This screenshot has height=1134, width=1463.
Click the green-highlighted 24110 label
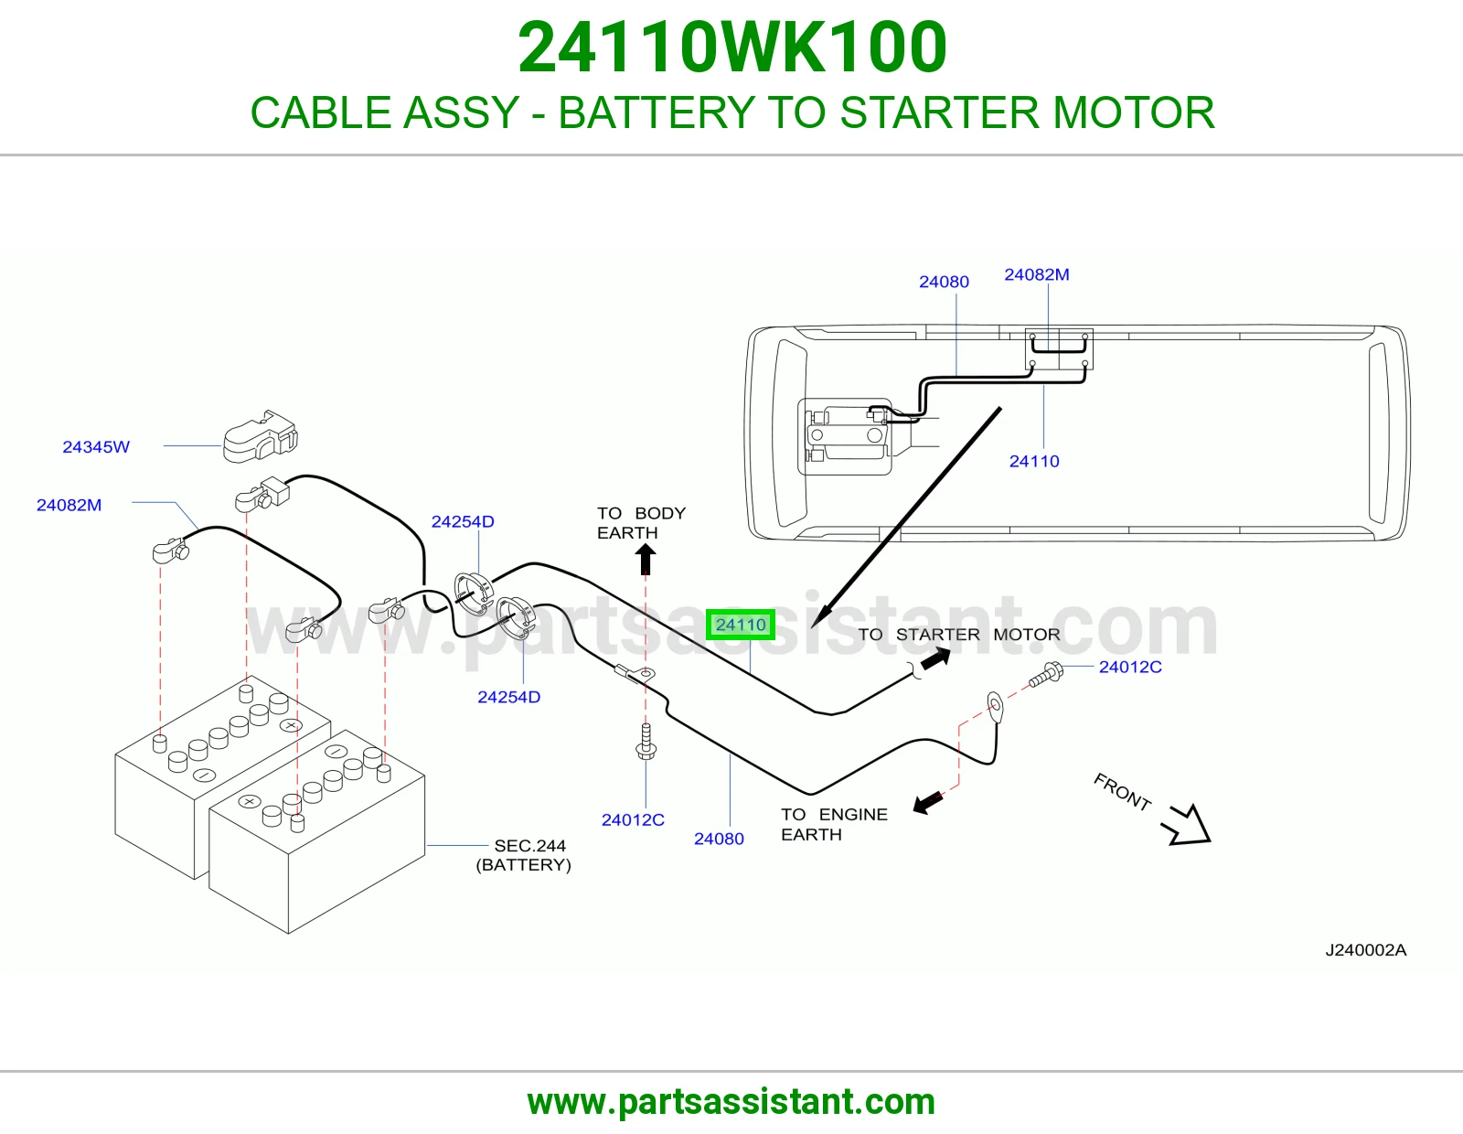click(740, 625)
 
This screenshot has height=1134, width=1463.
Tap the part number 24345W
click(96, 446)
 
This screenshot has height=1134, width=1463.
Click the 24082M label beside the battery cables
click(69, 505)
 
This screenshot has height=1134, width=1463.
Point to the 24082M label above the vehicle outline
click(1036, 274)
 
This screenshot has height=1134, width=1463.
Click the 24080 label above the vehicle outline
click(944, 282)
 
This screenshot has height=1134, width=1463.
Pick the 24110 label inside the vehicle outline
click(1033, 461)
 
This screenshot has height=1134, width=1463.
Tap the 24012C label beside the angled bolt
click(1130, 667)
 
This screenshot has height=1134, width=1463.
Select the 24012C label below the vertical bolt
click(632, 819)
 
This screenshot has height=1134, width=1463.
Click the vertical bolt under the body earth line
click(646, 742)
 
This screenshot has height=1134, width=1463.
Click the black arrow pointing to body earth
click(646, 558)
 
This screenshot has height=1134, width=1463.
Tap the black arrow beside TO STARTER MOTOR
click(935, 658)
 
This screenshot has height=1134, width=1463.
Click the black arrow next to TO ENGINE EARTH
click(928, 802)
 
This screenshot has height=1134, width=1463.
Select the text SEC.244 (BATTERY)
click(524, 855)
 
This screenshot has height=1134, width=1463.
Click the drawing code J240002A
click(1365, 949)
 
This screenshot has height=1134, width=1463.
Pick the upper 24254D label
click(463, 521)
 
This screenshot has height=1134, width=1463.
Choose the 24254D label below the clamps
click(508, 697)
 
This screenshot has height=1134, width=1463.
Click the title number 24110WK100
click(732, 47)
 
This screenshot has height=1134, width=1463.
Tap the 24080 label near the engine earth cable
click(719, 839)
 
